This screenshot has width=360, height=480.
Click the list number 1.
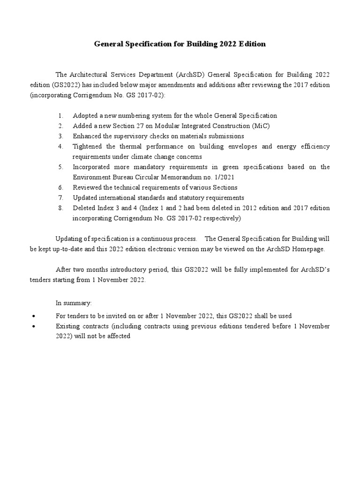tap(60, 115)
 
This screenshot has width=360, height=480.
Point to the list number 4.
tap(60, 146)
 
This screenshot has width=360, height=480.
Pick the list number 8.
tap(60, 208)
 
